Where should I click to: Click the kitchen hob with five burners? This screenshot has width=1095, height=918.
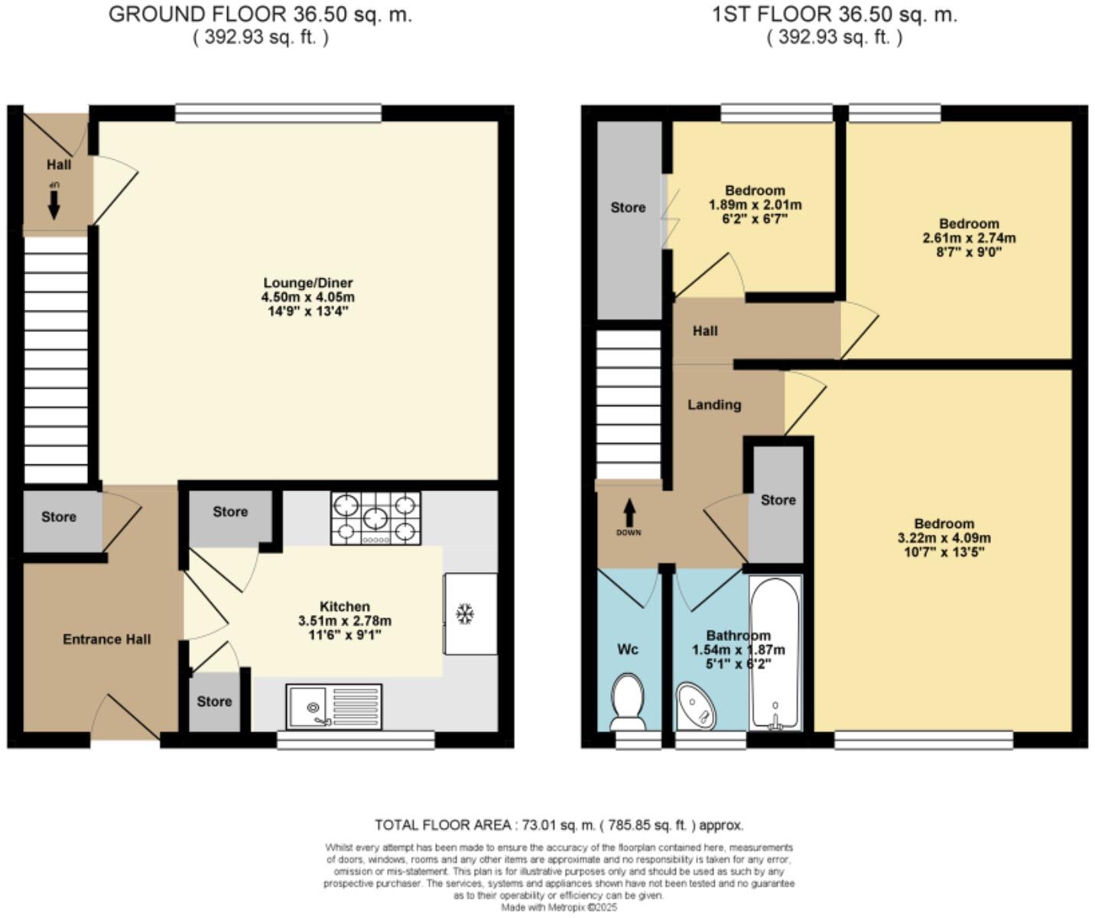click(375, 519)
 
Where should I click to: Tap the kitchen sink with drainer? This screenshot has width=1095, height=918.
click(334, 706)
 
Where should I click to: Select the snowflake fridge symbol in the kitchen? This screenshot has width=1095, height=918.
click(463, 614)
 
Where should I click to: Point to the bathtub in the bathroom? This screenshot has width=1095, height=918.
click(775, 652)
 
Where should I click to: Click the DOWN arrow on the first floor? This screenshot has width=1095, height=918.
click(629, 514)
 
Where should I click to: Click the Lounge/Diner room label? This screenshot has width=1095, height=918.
click(308, 283)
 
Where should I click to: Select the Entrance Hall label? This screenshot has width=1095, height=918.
click(107, 640)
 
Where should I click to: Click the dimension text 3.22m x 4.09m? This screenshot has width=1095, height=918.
click(944, 538)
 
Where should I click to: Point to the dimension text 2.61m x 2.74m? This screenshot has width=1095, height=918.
click(969, 238)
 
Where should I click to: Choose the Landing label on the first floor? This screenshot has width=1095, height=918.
click(714, 405)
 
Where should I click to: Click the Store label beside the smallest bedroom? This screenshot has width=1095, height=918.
click(628, 207)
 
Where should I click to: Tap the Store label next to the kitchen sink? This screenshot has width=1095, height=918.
click(214, 702)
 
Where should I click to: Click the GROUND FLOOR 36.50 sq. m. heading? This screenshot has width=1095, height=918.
click(260, 15)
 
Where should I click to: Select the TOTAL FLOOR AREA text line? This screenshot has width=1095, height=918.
click(558, 825)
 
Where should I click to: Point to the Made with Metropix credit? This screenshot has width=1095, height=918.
click(558, 907)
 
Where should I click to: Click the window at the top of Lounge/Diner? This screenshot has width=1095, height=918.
click(278, 114)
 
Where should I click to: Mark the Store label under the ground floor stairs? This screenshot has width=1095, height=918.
click(59, 517)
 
